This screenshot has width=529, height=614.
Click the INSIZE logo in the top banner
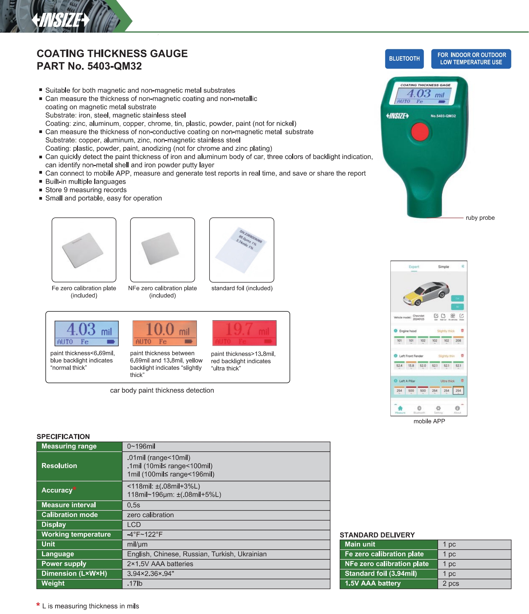[61, 20]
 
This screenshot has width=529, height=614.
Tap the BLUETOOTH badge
[404, 59]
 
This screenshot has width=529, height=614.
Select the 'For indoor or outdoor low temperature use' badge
[471, 59]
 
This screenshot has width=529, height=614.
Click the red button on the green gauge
[420, 131]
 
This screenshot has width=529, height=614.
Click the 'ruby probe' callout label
[480, 218]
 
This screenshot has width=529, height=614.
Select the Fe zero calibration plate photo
[84, 250]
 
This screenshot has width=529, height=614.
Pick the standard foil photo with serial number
[242, 250]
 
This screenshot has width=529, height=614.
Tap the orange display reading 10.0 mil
[165, 333]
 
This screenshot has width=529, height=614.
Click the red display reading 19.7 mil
[244, 333]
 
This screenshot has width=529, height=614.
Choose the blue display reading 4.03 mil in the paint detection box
[86, 333]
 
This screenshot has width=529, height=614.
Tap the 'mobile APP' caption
[429, 421]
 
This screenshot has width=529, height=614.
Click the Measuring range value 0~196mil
[141, 446]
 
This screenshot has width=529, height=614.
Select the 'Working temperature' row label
[76, 534]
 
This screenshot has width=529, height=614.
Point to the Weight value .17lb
[135, 583]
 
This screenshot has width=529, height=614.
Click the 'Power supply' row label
[64, 564]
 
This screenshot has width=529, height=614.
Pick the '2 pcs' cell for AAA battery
[451, 583]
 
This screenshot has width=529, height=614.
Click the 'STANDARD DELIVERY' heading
[377, 535]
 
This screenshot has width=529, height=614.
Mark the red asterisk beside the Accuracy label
[75, 489]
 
